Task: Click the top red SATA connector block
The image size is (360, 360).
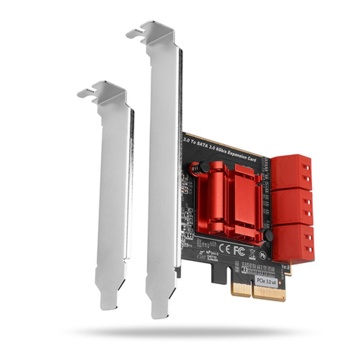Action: tap(291, 171)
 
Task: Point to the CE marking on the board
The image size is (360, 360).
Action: tap(225, 247)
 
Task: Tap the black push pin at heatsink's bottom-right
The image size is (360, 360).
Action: tap(268, 235)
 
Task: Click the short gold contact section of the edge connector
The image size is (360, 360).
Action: tap(241, 288)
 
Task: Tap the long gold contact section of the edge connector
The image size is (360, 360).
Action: tap(270, 293)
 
